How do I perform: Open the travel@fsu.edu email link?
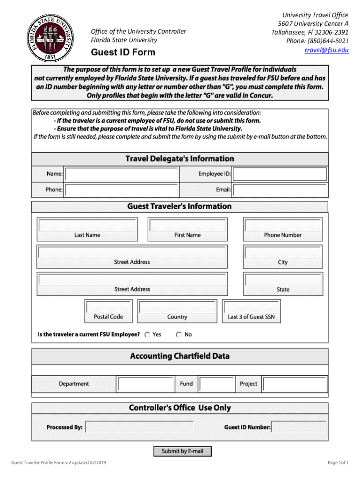point(326,50)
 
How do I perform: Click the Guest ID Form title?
point(122,52)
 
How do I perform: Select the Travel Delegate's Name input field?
point(122,174)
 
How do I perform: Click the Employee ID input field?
point(280,174)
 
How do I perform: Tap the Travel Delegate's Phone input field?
point(122,190)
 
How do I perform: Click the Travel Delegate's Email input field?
point(280,190)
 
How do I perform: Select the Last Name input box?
point(87,225)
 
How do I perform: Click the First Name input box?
point(187,225)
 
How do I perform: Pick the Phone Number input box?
point(282,225)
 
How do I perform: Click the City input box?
point(282,253)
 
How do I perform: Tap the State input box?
point(282,280)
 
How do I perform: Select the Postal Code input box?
point(108,307)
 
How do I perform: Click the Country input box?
point(177,307)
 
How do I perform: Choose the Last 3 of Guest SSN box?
point(251,307)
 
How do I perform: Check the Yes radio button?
point(147,335)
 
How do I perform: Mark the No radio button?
point(179,335)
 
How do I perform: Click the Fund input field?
point(216,385)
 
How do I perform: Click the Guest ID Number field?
point(299,428)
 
